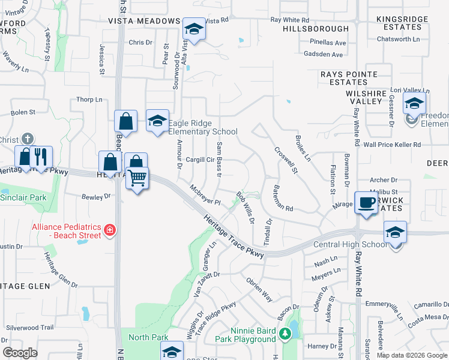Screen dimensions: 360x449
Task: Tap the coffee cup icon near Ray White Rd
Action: [366, 203]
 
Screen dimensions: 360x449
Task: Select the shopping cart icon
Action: [137, 178]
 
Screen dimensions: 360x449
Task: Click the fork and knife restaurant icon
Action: [40, 157]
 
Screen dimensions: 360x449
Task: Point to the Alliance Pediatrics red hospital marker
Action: [109, 230]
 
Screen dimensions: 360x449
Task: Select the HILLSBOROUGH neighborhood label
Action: [315, 29]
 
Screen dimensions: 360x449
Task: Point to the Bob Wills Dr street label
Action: [245, 208]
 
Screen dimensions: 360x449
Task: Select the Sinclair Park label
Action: [23, 197]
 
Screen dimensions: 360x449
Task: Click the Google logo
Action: [20, 353]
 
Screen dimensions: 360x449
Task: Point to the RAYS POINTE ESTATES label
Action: [349, 78]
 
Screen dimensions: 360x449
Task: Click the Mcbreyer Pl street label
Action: [205, 195]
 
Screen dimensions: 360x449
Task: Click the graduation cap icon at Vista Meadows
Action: [194, 29]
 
